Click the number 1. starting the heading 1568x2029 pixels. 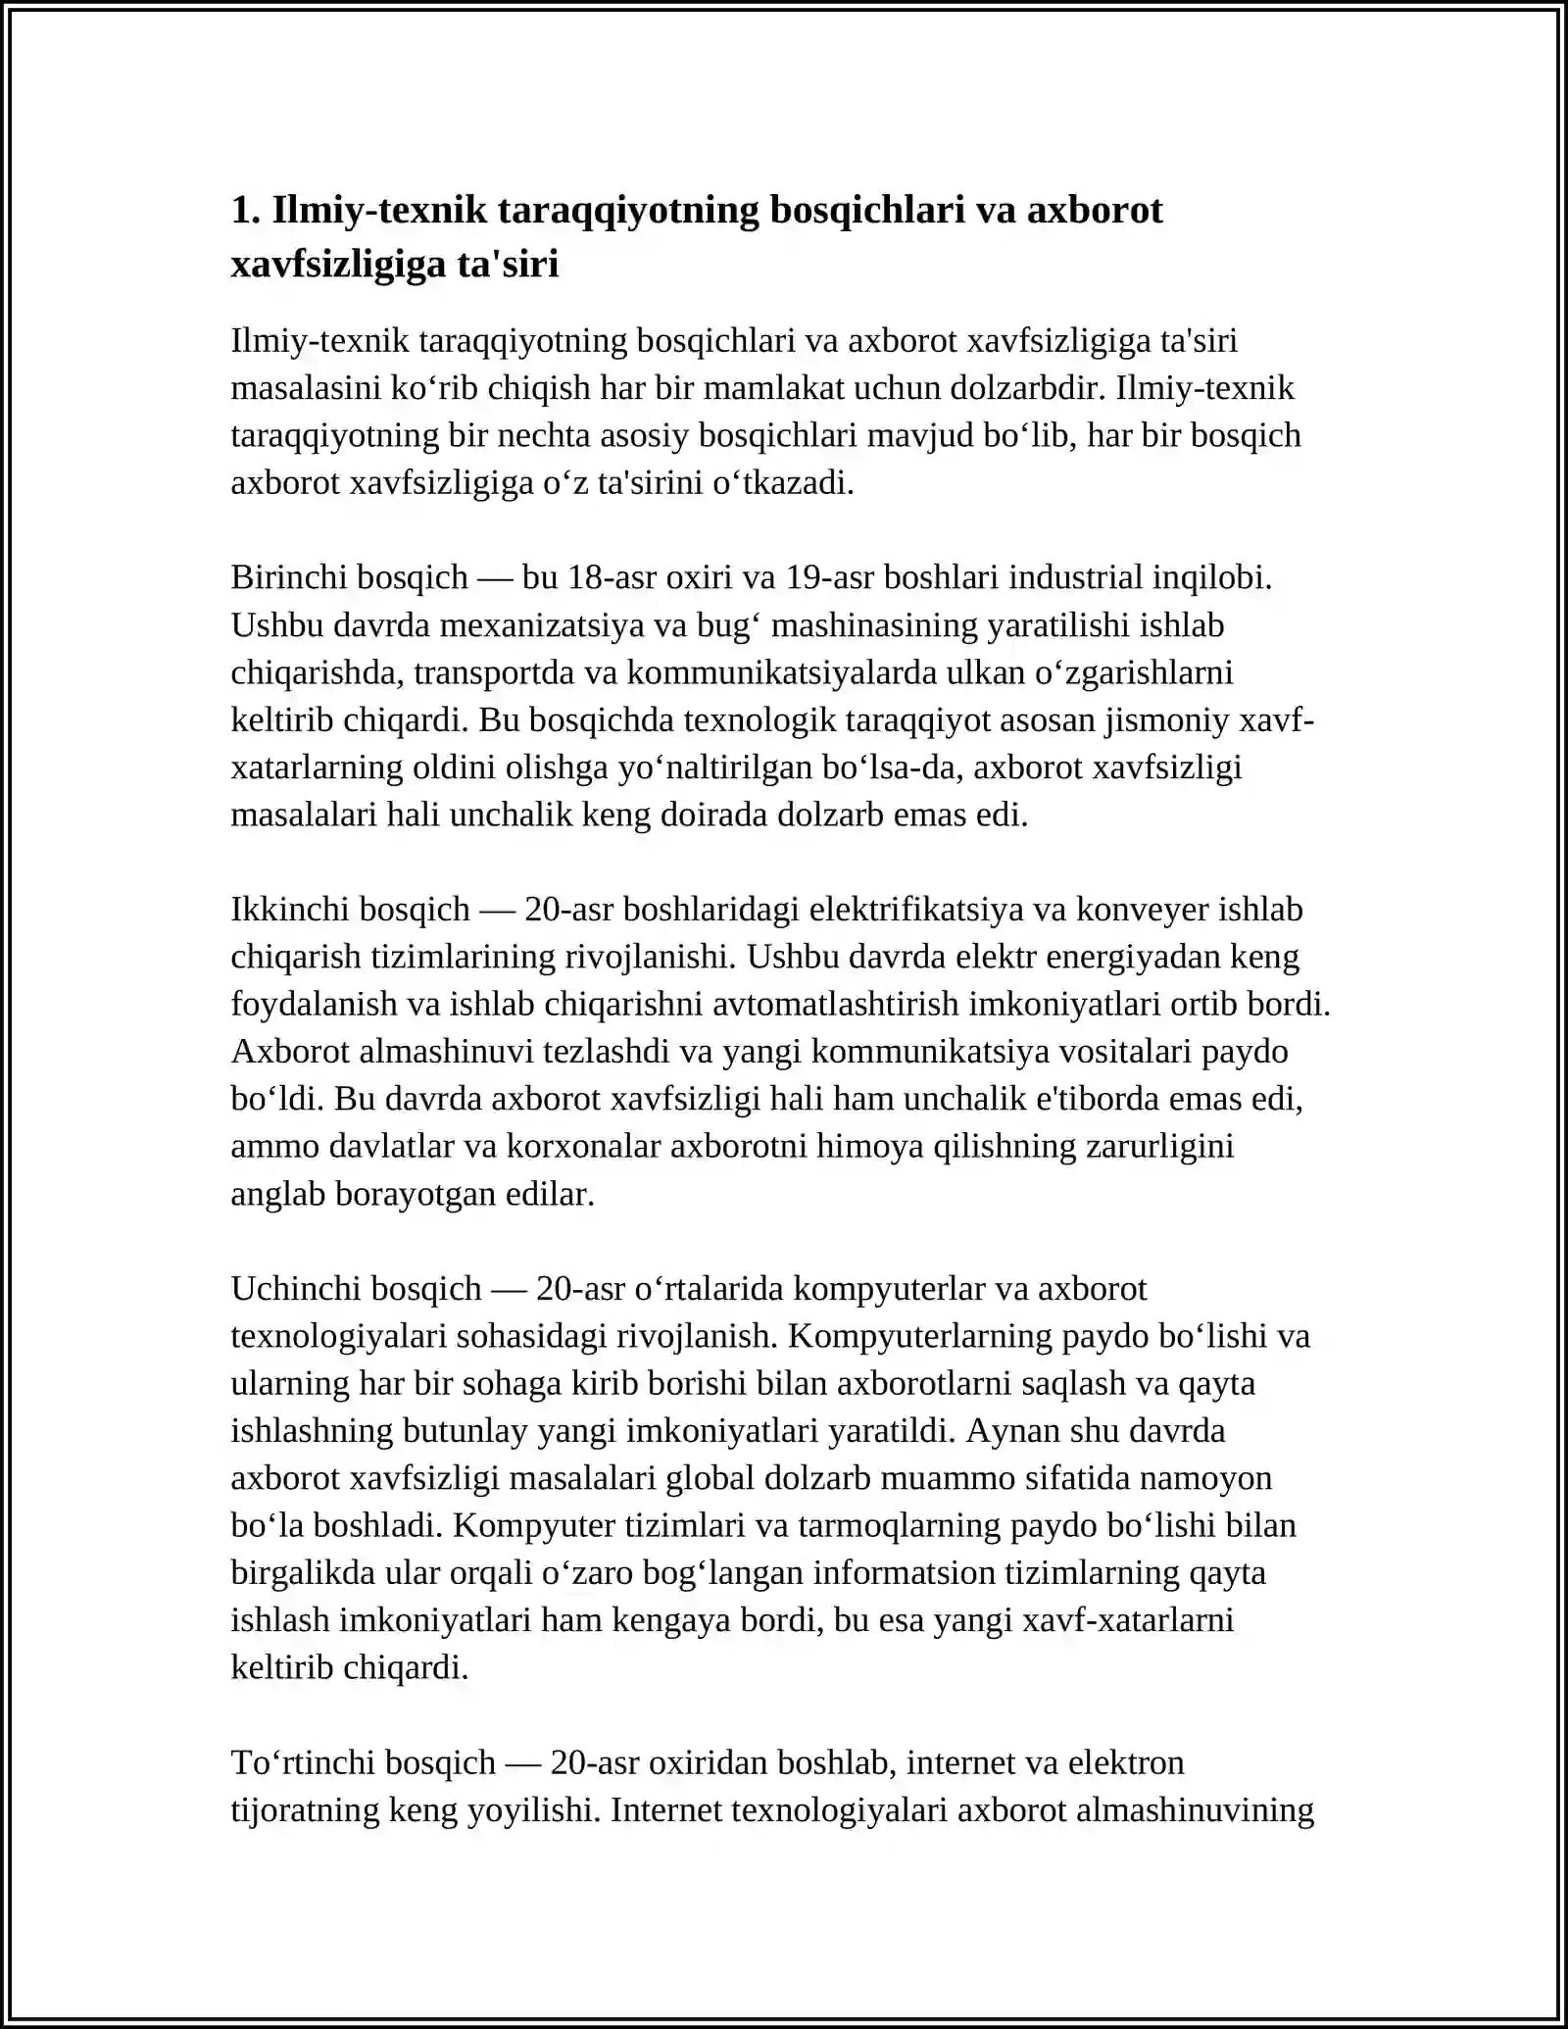tap(246, 211)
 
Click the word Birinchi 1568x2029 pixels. tap(289, 577)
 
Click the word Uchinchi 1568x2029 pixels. tap(293, 1289)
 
